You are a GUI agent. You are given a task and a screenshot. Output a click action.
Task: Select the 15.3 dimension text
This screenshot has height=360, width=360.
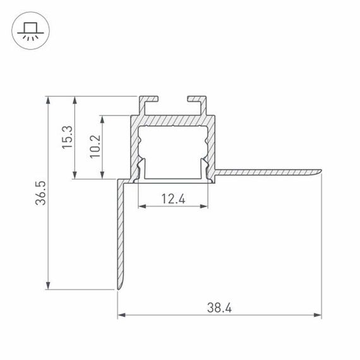pos(66,138)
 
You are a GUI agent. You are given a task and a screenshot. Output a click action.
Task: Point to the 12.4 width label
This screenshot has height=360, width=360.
pos(172,199)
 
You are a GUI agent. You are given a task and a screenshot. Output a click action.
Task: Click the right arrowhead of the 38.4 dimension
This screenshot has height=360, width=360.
pos(318,314)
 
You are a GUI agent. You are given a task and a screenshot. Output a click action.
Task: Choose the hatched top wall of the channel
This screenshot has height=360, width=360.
pos(173,122)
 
